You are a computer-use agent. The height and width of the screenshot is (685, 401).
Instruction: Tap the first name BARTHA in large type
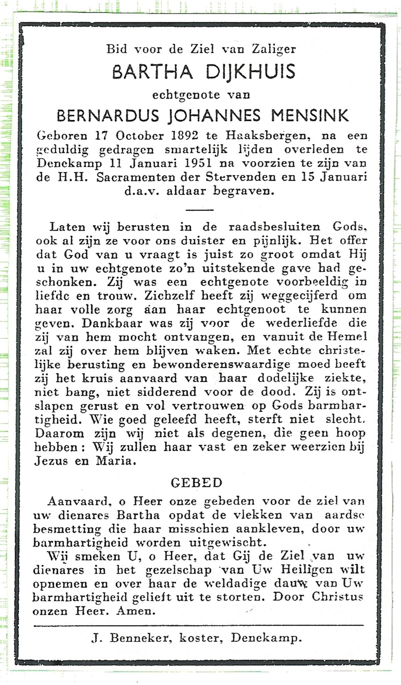click(152, 72)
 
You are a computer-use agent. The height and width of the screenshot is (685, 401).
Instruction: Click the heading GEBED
click(196, 483)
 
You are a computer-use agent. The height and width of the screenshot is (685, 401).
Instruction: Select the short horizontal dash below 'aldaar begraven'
click(199, 210)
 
